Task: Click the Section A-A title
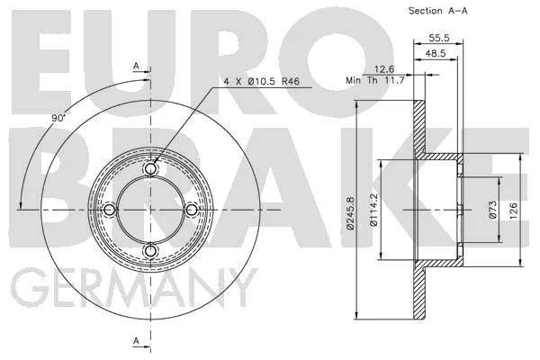[x=438, y=11]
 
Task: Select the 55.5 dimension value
[x=439, y=38]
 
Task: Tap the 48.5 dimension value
[x=436, y=53]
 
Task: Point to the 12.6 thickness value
[x=384, y=69]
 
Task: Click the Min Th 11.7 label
[x=375, y=81]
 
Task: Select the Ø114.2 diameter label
[x=374, y=210]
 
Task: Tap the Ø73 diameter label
[x=493, y=210]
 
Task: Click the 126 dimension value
[x=514, y=211]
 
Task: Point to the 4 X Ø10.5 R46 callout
[x=262, y=82]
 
